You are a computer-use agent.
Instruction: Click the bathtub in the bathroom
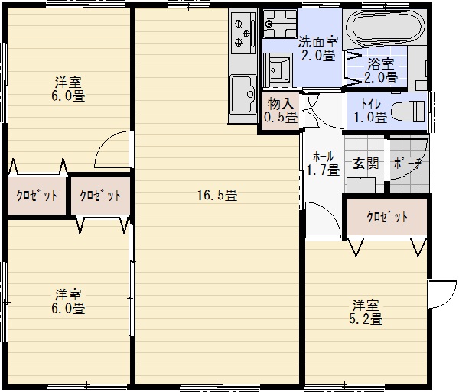[386, 28]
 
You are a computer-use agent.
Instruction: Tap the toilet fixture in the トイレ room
[408, 112]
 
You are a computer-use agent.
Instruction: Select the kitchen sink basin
[243, 94]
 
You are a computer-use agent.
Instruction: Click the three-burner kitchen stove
[243, 33]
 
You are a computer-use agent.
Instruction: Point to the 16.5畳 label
[217, 195]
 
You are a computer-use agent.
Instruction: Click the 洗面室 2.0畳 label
[318, 49]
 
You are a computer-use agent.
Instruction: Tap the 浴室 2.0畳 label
[381, 71]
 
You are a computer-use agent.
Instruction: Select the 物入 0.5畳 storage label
[281, 110]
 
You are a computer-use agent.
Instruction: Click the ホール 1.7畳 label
[323, 164]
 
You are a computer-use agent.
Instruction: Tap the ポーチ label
[407, 164]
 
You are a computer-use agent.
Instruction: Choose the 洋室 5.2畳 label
[366, 313]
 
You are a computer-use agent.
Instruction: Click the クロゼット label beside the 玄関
[387, 217]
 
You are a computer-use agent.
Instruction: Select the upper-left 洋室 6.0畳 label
[68, 89]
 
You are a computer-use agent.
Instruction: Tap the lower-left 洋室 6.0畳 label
[68, 301]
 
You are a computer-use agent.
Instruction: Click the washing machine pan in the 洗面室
[280, 24]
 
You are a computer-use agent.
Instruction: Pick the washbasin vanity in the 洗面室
[278, 70]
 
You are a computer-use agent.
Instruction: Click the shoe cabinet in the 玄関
[361, 185]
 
